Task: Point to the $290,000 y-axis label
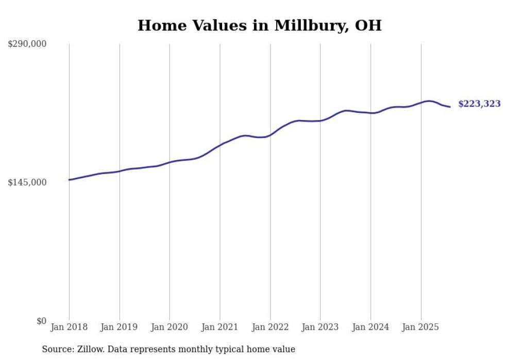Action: [x=27, y=44]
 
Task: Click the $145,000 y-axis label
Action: [x=27, y=182]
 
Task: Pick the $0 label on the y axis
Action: [x=41, y=321]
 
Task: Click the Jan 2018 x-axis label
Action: [x=69, y=327]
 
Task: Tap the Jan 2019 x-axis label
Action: [x=120, y=327]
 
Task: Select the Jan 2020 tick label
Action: [x=170, y=327]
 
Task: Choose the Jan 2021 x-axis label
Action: [x=220, y=327]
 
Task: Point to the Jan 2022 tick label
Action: [x=270, y=327]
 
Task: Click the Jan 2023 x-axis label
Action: [x=320, y=327]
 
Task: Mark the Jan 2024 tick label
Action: [x=371, y=327]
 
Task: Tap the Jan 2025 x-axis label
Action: [x=420, y=327]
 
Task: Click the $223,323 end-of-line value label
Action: [x=479, y=104]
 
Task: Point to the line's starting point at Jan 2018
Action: [x=69, y=180]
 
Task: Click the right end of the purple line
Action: [x=450, y=107]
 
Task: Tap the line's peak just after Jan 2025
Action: [x=428, y=101]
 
